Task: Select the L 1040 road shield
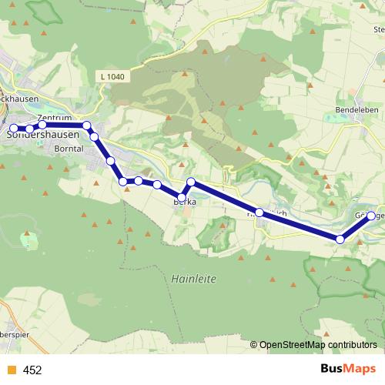point(112,76)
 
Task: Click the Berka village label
point(185,202)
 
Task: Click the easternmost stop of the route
point(372,216)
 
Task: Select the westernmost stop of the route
point(13,128)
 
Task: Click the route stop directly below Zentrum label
point(43,125)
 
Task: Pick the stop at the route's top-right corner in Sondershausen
point(87,126)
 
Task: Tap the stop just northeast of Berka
point(192,182)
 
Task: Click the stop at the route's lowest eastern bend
point(340,239)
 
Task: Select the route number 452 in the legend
point(32,370)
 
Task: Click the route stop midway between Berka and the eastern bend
point(260,213)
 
